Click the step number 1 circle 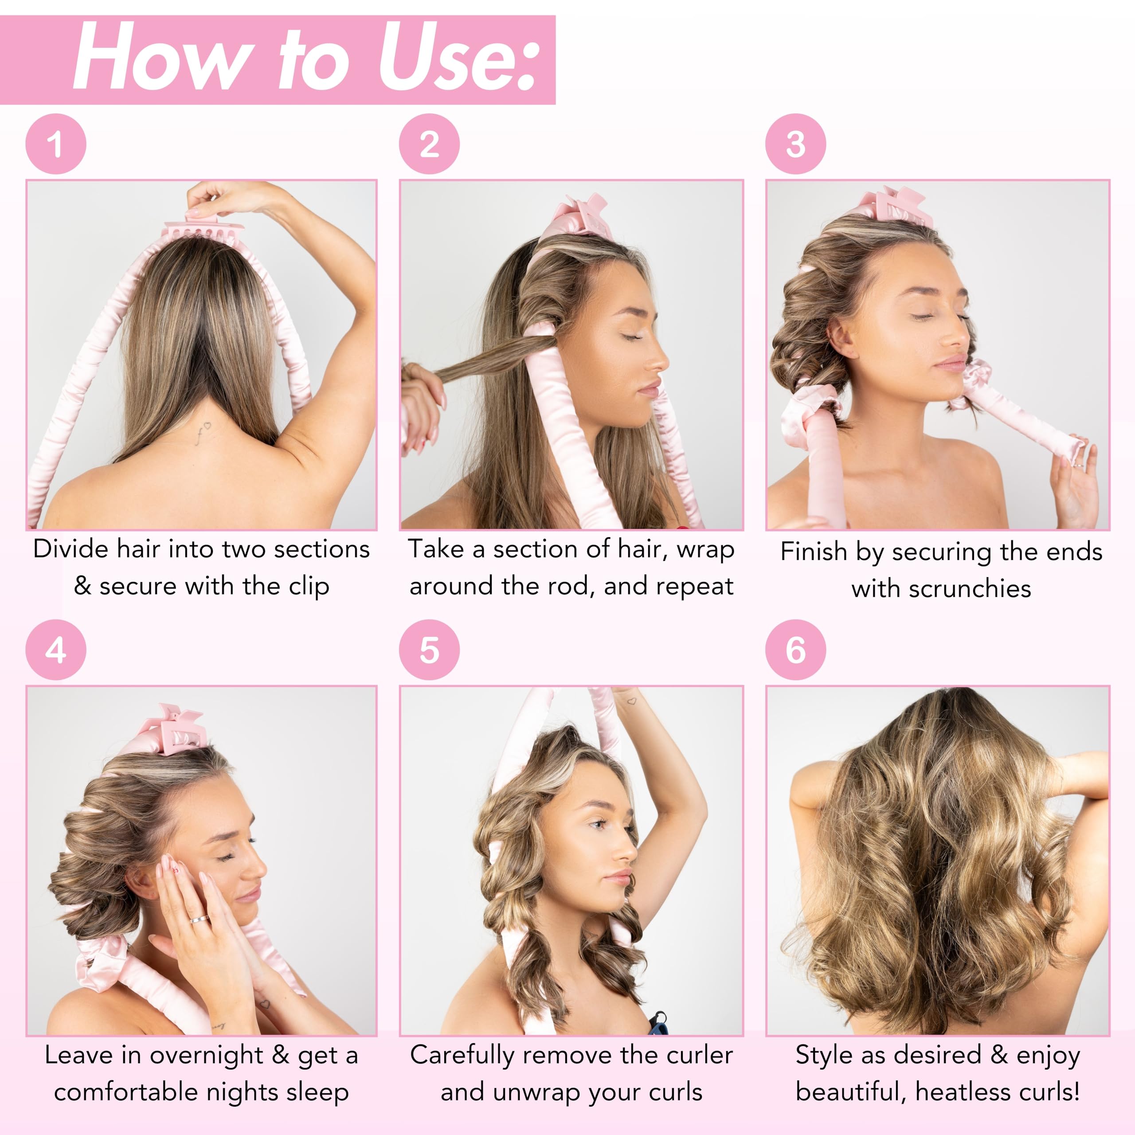point(56,144)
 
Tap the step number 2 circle point(430,144)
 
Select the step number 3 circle point(795,144)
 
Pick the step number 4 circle point(56,650)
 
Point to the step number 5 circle point(430,650)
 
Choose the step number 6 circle point(795,650)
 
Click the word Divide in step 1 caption point(71,549)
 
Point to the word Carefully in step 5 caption point(462,1056)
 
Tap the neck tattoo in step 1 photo point(203,432)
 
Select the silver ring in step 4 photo point(198,919)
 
